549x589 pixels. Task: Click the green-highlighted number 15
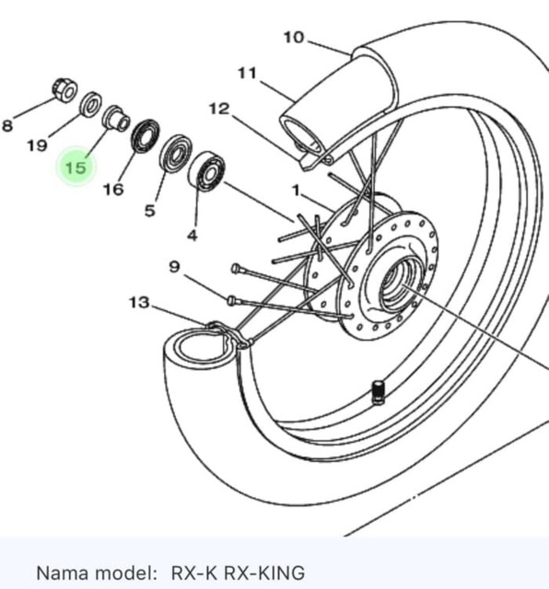click(76, 167)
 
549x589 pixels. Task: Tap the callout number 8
click(7, 125)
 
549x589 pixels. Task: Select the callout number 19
click(37, 145)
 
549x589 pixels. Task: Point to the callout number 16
click(113, 189)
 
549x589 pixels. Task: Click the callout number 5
click(150, 211)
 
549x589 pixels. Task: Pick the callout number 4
click(193, 236)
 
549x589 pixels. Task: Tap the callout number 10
click(294, 37)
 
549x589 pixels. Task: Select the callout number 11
click(248, 73)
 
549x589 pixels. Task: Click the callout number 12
click(219, 109)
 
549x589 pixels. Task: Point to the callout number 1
click(297, 191)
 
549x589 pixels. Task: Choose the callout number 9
click(174, 267)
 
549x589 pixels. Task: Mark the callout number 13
click(139, 302)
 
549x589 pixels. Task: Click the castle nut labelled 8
click(64, 90)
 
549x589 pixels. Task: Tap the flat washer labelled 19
click(90, 104)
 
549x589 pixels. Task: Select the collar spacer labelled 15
click(116, 118)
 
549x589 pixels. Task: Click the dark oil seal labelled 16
click(145, 136)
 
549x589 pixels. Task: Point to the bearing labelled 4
click(206, 172)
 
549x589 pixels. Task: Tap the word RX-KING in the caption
click(264, 572)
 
